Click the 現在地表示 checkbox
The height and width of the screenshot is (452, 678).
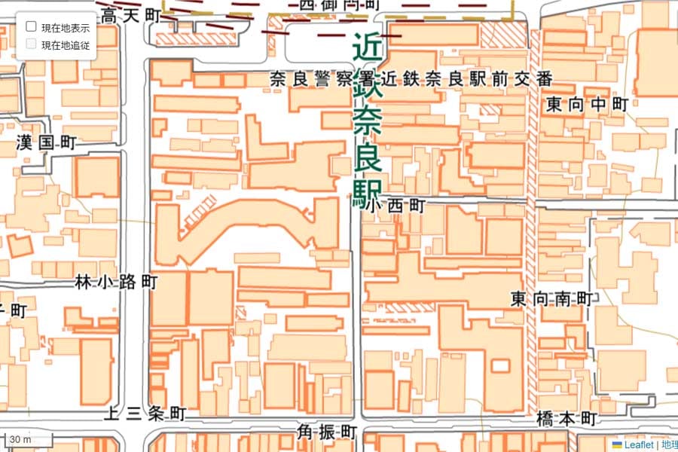(32, 26)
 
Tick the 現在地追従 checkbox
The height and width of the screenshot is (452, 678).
(32, 44)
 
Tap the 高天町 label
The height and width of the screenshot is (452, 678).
(131, 14)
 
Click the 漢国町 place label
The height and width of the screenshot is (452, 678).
(47, 142)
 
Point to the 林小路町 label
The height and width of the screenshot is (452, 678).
(117, 282)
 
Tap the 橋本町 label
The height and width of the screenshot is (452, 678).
(567, 419)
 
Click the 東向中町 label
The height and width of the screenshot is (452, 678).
(587, 105)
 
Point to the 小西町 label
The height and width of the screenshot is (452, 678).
(396, 206)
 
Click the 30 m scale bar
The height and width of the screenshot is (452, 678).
(28, 440)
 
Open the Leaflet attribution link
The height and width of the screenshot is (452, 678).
(639, 445)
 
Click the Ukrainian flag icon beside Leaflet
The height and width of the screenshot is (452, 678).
(616, 445)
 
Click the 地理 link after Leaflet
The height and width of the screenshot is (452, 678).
(669, 445)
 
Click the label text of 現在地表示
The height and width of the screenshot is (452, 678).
(66, 27)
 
